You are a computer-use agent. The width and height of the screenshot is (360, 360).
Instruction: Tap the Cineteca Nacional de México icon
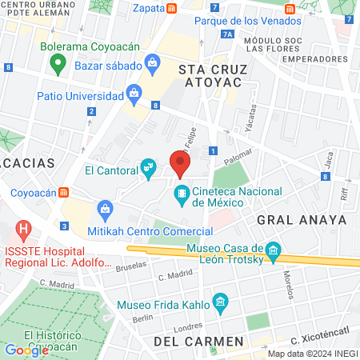coord(183,193)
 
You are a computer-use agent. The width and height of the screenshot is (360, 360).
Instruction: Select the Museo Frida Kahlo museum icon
coord(221,303)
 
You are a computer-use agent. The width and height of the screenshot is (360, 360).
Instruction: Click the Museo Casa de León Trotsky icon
coord(274,252)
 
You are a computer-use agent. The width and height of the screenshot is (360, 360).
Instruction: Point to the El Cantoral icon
coord(147,168)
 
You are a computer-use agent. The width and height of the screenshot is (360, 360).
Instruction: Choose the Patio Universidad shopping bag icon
coord(134,96)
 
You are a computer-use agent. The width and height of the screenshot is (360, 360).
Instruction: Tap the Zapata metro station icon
coord(173,8)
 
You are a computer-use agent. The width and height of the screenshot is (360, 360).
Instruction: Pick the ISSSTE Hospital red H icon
coord(24,232)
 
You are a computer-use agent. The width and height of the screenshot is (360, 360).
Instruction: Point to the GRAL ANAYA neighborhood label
coord(302,219)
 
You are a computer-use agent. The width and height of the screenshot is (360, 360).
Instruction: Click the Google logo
coord(26,349)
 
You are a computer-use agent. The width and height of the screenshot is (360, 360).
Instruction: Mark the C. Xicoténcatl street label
coord(320,342)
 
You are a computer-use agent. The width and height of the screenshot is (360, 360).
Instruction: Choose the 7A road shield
coord(229,34)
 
